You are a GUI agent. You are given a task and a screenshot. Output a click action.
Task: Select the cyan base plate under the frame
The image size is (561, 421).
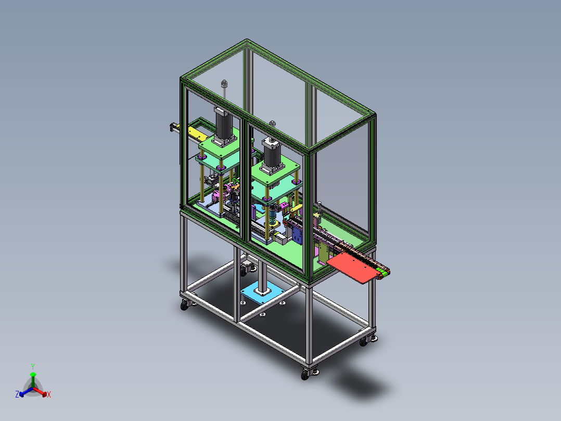[x=262, y=292]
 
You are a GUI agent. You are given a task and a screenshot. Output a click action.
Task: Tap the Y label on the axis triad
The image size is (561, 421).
[x=33, y=366]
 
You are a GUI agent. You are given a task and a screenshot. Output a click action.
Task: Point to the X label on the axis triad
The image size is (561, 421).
[x=49, y=394]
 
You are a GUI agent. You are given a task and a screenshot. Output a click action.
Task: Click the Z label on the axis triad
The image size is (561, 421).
[x=17, y=394]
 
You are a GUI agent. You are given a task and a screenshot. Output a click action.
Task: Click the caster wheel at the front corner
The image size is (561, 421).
[x=305, y=375]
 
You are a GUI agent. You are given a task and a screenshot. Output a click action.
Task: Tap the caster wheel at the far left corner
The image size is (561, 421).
[x=184, y=305]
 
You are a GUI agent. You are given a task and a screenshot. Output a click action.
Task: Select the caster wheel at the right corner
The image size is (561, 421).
[x=364, y=341]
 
